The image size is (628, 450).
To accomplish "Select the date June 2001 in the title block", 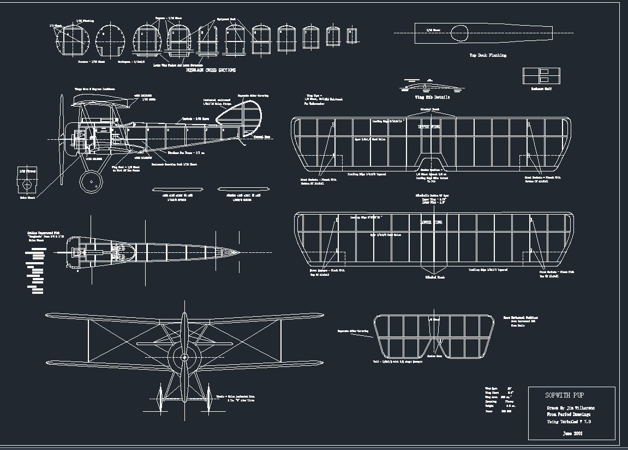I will pos(572,433).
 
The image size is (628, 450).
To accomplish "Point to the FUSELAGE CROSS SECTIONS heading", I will pos(211,70).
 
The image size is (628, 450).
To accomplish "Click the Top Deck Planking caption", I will pos(488,55).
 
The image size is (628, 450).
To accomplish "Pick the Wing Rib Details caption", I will pos(433,97).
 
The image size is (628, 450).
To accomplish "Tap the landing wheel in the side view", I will pos(91,180).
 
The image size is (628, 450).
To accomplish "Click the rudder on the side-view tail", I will pos(240,116).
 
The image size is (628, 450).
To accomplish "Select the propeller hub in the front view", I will pos(184,357).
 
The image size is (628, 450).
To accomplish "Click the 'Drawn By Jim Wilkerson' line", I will pos(571,408).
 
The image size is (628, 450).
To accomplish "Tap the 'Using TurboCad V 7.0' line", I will pos(569,422).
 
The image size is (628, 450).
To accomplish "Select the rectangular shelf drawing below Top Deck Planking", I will pos(541,76).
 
